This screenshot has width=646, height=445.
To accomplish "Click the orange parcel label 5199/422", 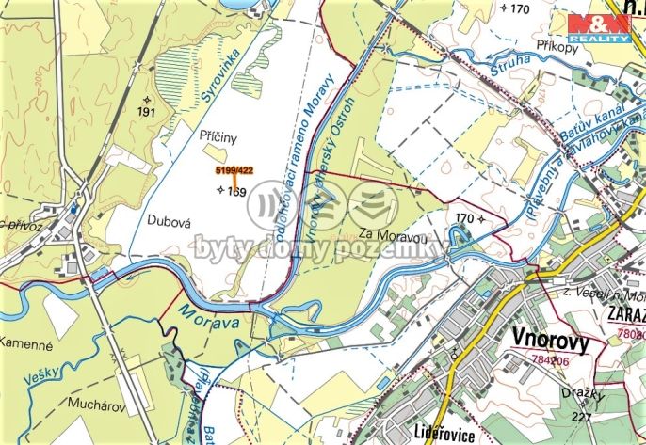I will (x=234, y=170).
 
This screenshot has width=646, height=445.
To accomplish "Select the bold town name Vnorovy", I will (x=551, y=341).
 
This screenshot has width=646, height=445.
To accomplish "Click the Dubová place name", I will (x=170, y=218).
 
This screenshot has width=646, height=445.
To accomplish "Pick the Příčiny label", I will (x=218, y=135).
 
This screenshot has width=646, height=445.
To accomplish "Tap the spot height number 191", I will (x=146, y=111).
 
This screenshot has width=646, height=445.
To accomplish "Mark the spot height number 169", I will (x=236, y=192).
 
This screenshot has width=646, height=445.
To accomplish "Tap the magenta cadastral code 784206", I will (x=549, y=360).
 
